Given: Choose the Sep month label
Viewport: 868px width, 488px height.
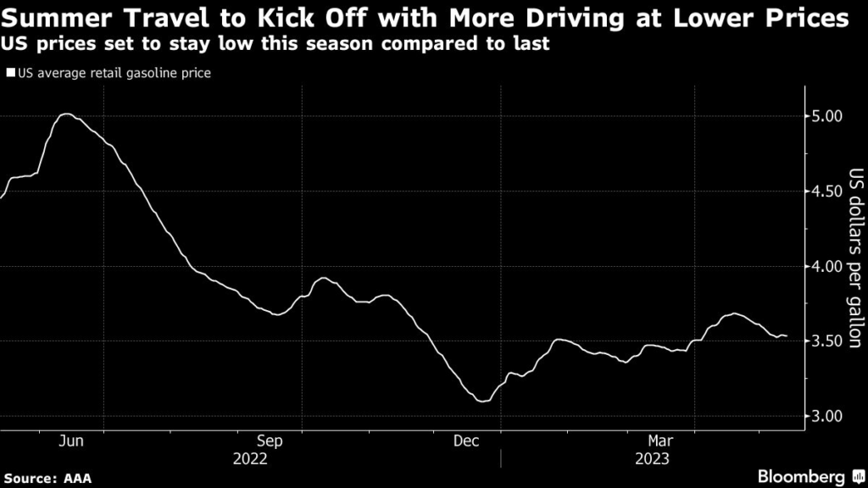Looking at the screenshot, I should tap(270, 441).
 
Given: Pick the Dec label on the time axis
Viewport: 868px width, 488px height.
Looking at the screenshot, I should tap(466, 441).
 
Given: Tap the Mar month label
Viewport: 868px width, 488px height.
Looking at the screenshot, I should tap(662, 441).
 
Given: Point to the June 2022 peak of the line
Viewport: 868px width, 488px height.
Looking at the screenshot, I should tap(66, 114).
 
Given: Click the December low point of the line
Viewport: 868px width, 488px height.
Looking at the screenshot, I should tap(483, 401).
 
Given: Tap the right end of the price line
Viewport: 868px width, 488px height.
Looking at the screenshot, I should tap(787, 336).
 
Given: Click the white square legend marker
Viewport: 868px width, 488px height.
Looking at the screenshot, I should tap(11, 73).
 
